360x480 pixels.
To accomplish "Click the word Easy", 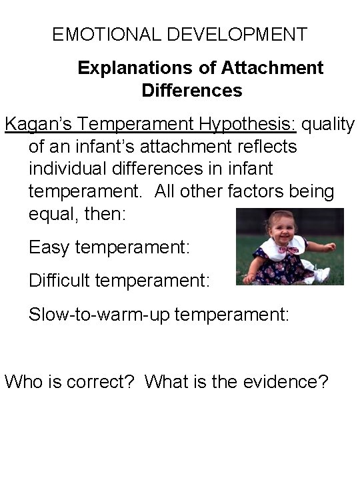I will (50, 248).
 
